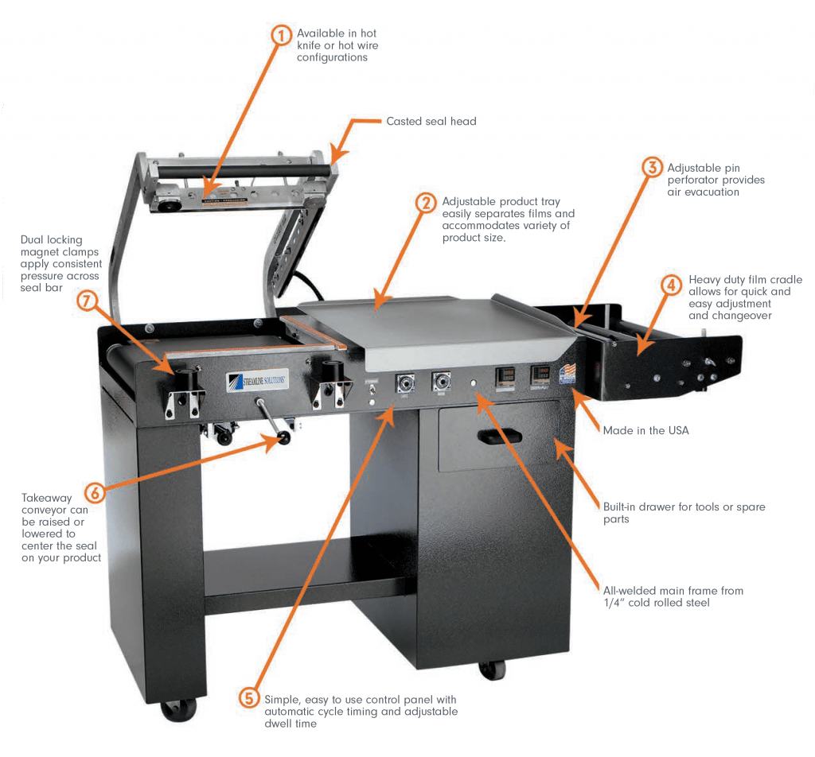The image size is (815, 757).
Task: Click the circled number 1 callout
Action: (x=281, y=35)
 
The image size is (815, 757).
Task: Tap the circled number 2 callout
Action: (x=426, y=203)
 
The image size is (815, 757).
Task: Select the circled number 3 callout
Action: (x=653, y=167)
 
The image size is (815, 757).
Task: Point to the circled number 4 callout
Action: (x=671, y=285)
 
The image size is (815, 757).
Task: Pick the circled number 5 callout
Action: (x=249, y=698)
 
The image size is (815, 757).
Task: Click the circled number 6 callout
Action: (x=96, y=492)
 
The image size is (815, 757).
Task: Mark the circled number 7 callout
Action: (x=87, y=300)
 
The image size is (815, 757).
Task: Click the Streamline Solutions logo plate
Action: (x=257, y=381)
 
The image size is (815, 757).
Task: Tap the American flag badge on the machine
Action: (x=567, y=373)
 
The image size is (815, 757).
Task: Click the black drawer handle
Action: (x=500, y=437)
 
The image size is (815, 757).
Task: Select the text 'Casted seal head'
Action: (x=431, y=122)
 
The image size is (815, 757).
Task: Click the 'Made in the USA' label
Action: (x=645, y=430)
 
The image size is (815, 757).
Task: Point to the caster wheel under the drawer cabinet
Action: (x=492, y=670)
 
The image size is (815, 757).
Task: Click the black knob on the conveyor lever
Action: (x=284, y=438)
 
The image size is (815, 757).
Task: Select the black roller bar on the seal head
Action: (x=244, y=171)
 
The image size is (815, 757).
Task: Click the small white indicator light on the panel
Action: (x=473, y=382)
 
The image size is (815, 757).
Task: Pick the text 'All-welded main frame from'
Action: (x=673, y=591)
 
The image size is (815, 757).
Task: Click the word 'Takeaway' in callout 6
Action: (x=47, y=498)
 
